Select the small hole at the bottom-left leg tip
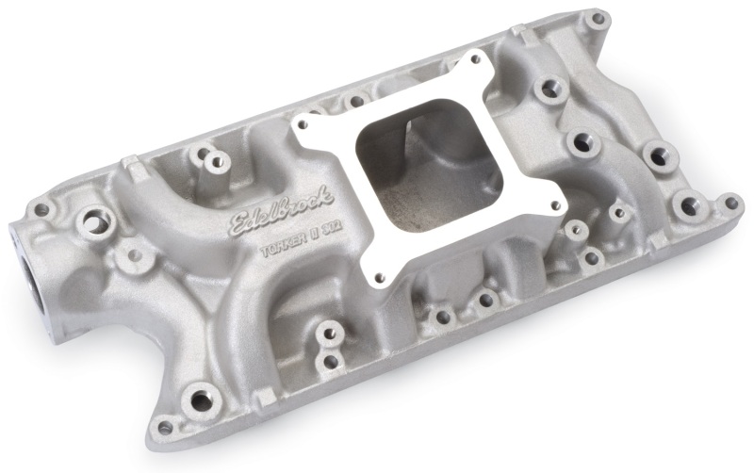tap(165, 427)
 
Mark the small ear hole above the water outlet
tap(41, 209)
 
